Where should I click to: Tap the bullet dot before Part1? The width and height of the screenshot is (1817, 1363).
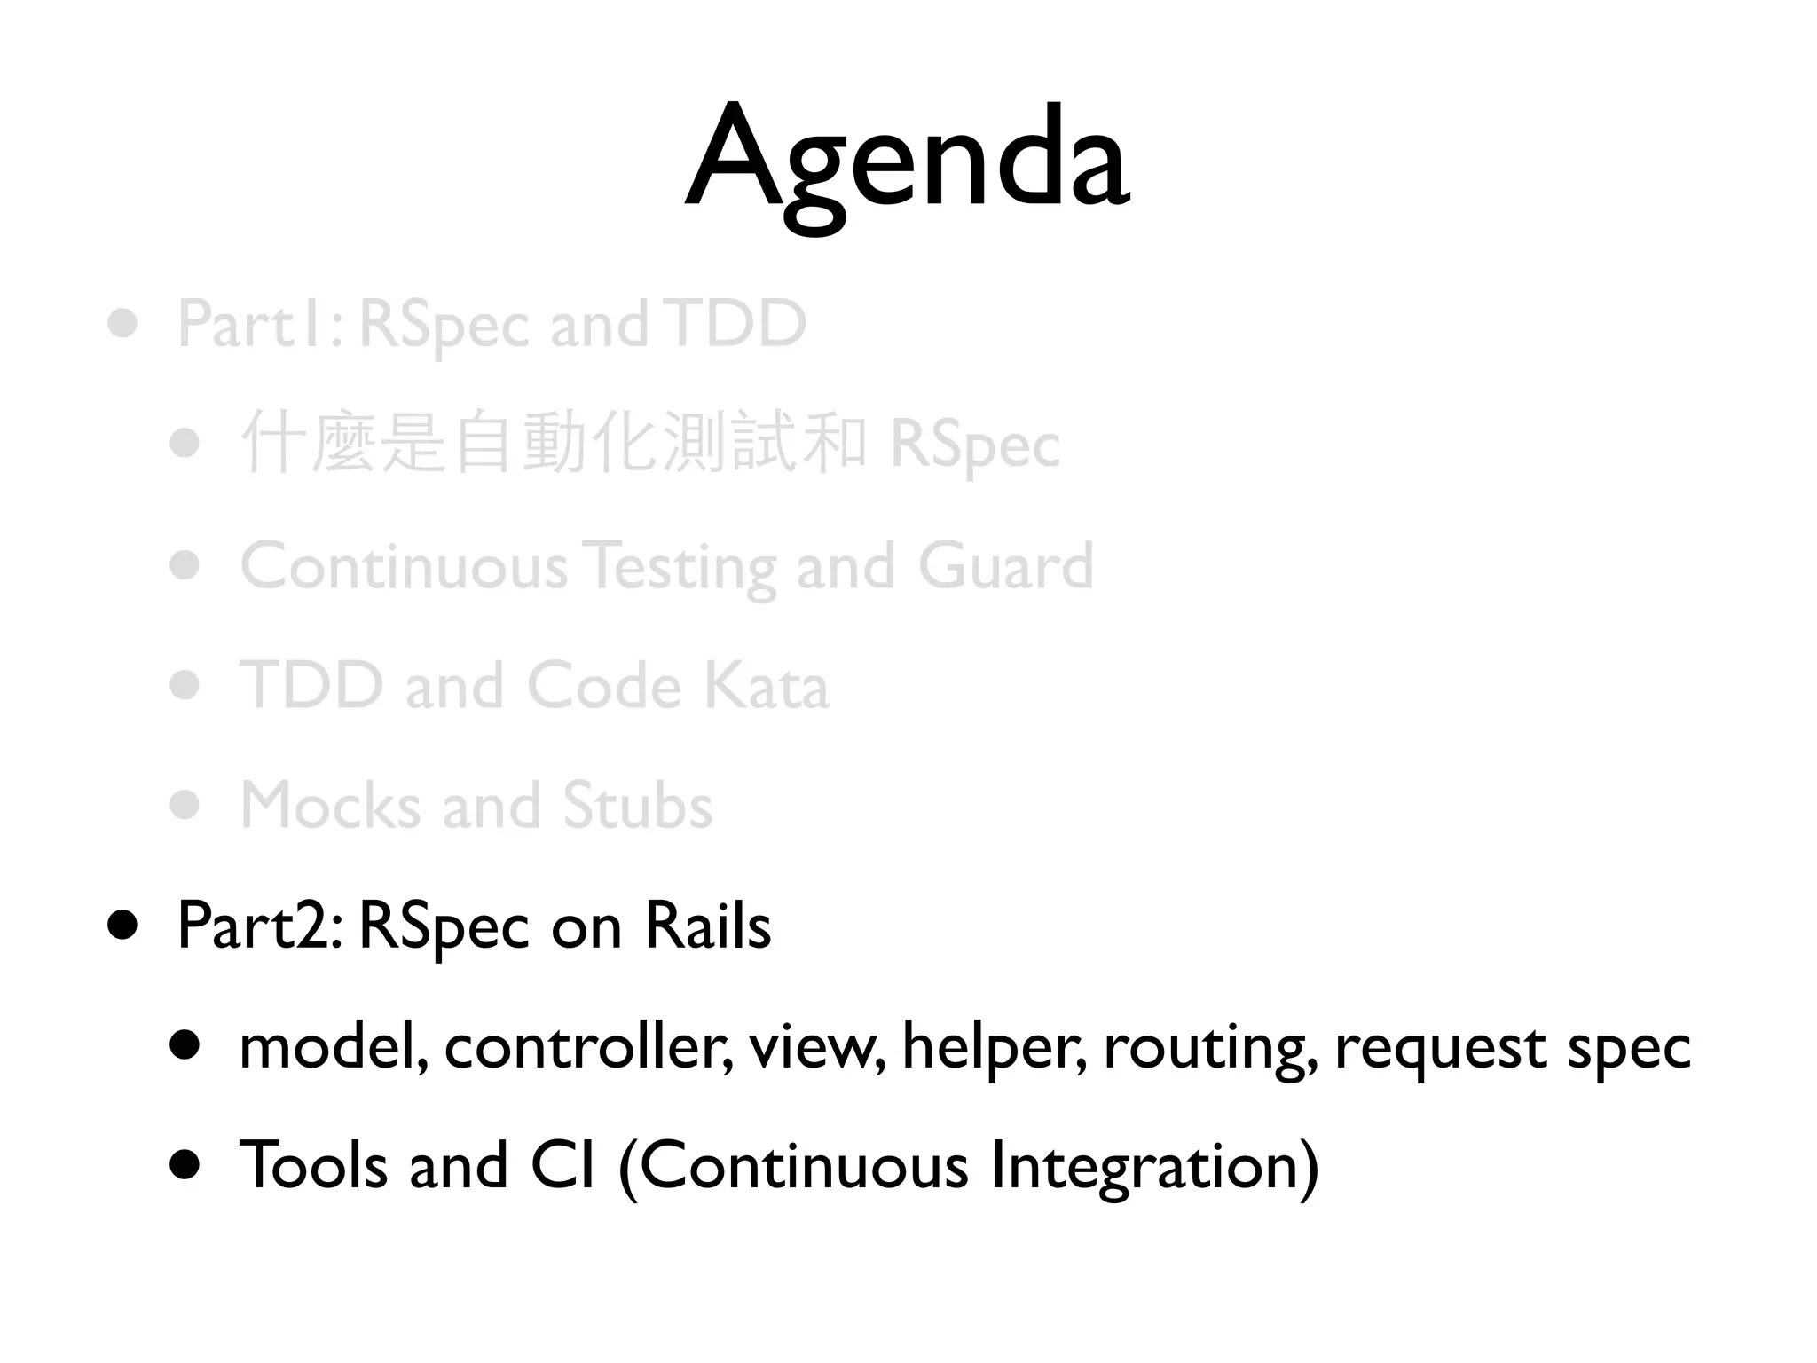point(122,323)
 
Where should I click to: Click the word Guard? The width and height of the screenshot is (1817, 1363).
point(1005,565)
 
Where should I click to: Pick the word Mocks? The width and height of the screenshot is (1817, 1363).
point(330,806)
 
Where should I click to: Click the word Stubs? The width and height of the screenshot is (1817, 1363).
point(637,806)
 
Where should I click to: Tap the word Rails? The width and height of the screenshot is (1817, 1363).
point(707,926)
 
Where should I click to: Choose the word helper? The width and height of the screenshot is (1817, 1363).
point(994,1047)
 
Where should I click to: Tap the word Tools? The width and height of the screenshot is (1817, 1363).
point(314,1165)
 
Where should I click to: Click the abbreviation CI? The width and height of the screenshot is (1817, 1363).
point(562,1165)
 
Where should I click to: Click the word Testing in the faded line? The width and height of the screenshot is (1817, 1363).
point(681,567)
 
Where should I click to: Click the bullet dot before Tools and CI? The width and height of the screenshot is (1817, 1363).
point(185,1165)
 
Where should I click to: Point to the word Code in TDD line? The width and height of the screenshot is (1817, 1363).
point(604,686)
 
